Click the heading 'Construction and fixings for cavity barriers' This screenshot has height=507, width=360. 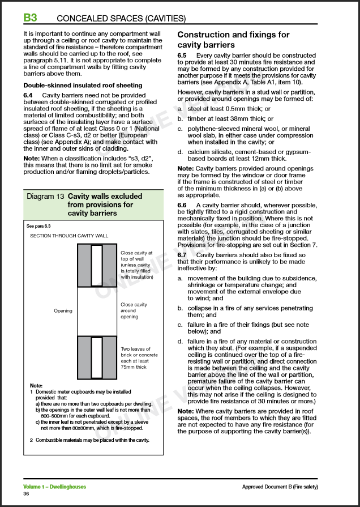coord(233,40)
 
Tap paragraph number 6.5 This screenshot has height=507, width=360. coord(182,56)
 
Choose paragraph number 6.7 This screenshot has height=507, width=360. coord(182,255)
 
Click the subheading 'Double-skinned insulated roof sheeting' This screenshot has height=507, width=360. coord(83,86)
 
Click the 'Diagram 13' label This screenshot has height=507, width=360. coord(45,197)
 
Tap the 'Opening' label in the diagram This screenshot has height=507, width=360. coord(63,310)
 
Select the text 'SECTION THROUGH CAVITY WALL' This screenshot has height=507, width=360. coord(68,236)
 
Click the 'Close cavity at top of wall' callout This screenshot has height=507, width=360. coord(136,265)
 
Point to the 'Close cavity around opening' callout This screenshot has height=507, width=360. coord(134,310)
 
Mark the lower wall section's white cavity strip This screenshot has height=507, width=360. coord(97,357)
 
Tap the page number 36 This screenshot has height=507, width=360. coord(26,494)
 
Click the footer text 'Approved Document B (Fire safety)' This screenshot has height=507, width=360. coord(280,487)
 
